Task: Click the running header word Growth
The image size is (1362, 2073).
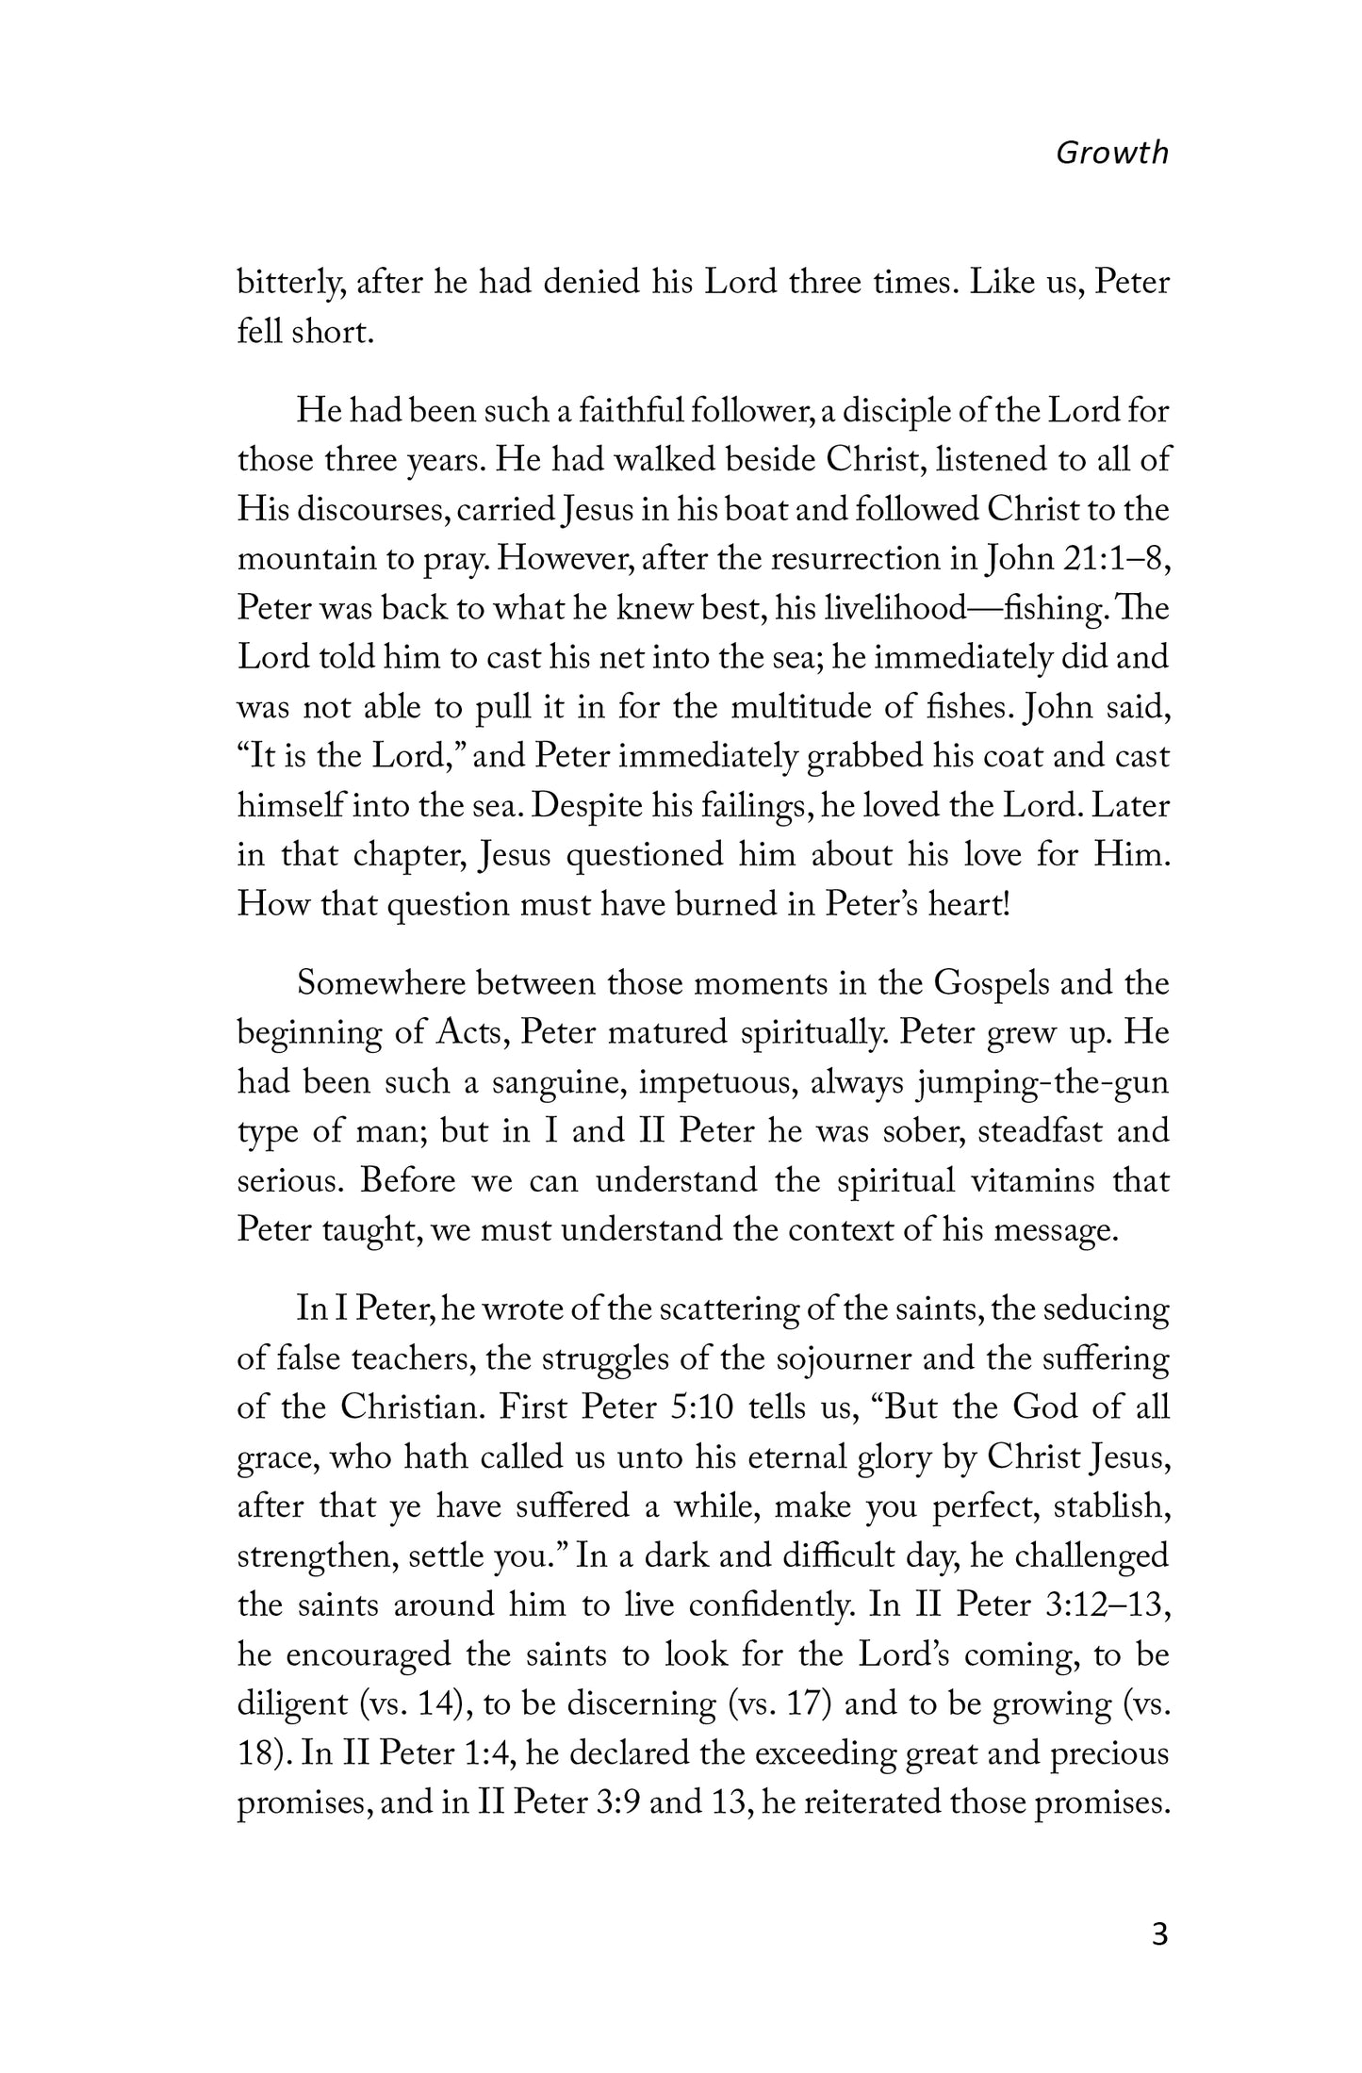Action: (1111, 153)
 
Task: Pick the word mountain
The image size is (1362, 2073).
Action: (305, 559)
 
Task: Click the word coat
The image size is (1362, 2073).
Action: (991, 756)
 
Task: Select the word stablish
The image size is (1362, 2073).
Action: (1113, 1506)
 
